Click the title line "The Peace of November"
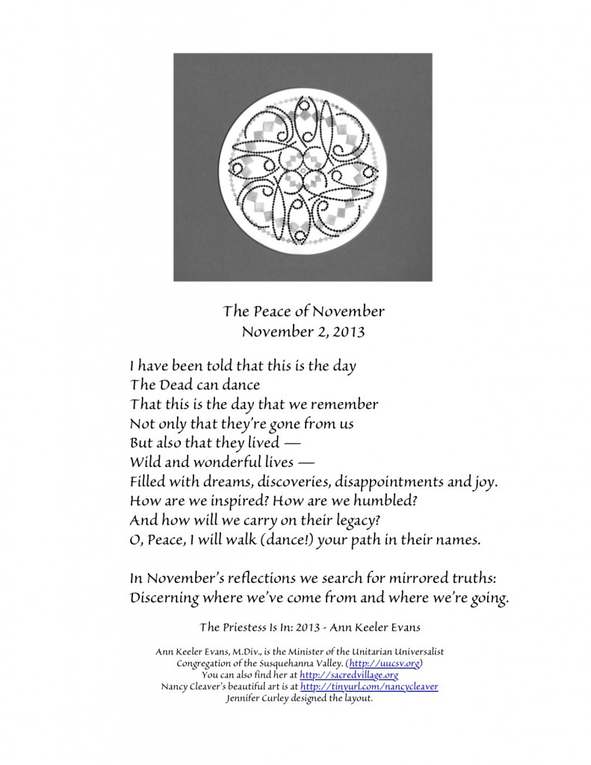click(x=294, y=310)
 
